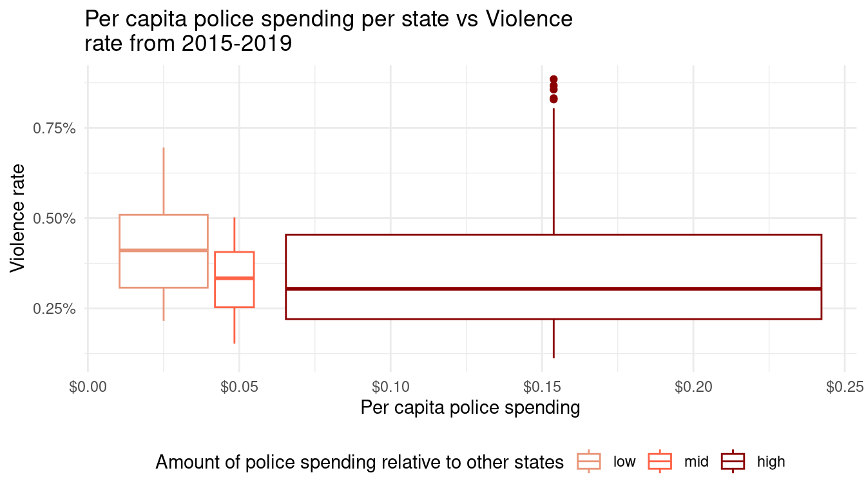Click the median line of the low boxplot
[x=164, y=250]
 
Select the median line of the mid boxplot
[x=235, y=278]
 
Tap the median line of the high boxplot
[x=553, y=288]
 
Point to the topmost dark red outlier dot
[x=553, y=79]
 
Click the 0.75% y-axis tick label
[x=54, y=128]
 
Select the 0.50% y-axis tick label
[x=54, y=218]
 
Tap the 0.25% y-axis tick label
[x=54, y=309]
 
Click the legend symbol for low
[x=588, y=461]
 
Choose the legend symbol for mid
[x=660, y=461]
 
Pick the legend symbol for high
[x=733, y=461]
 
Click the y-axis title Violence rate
[x=18, y=218]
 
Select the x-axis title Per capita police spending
[x=470, y=408]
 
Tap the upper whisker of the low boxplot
[x=164, y=180]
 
